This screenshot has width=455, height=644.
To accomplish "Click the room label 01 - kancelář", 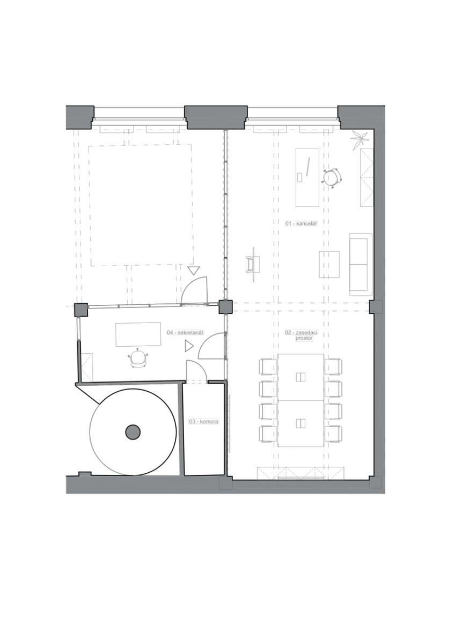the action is tap(301, 223).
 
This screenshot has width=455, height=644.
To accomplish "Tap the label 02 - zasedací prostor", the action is tap(301, 335).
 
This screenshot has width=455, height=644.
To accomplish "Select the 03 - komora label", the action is tap(203, 421).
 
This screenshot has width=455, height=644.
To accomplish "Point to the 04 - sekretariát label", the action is tap(185, 332).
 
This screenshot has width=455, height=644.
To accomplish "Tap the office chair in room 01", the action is tap(332, 178).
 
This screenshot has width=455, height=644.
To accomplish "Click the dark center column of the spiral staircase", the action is tap(133, 432).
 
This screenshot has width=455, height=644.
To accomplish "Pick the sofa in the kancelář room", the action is tap(361, 265).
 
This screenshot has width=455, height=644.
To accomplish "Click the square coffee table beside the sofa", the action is tap(329, 265).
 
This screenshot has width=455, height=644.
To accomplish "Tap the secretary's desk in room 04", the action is tap(138, 334).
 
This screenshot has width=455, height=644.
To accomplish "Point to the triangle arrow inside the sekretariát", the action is tap(189, 346).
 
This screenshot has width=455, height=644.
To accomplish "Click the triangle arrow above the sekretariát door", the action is tap(194, 270).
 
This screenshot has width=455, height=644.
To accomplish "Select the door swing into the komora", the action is tap(196, 371).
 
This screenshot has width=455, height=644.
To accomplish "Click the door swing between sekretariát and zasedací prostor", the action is tap(211, 346).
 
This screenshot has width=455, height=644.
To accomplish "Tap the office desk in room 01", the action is tap(307, 178).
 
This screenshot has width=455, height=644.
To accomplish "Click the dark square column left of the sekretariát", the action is tap(81, 310).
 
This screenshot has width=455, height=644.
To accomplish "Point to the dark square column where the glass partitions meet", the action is tap(225, 307).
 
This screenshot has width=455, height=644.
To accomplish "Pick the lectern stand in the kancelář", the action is tap(253, 264).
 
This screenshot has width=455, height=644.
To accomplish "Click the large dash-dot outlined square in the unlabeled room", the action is tap(141, 205).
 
